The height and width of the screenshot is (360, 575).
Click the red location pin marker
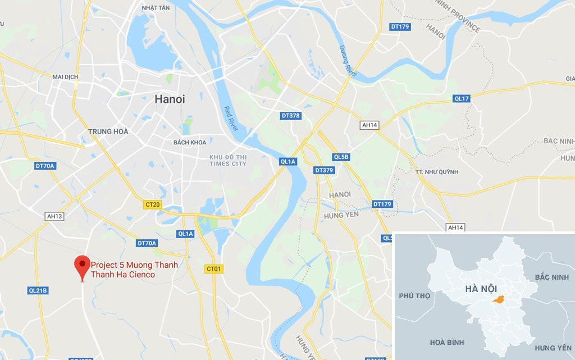[83, 265]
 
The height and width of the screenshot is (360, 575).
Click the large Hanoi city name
[170, 99]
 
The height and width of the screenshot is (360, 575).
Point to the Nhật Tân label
[156, 8]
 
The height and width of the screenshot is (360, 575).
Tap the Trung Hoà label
[108, 131]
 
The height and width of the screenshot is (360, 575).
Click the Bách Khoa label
[190, 142]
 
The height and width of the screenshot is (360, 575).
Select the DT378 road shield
[290, 116]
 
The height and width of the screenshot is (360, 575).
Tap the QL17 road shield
[461, 99]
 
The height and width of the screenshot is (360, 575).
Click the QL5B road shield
[341, 157]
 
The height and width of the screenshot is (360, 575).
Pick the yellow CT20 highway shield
[153, 205]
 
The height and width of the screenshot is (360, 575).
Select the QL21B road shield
[38, 290]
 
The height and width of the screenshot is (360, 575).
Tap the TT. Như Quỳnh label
[437, 172]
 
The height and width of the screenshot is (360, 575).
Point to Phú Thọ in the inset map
[414, 295]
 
